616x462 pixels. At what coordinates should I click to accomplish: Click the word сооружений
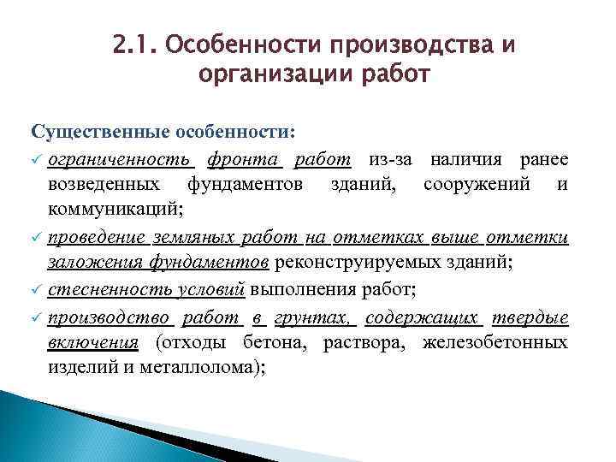tap(481, 184)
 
